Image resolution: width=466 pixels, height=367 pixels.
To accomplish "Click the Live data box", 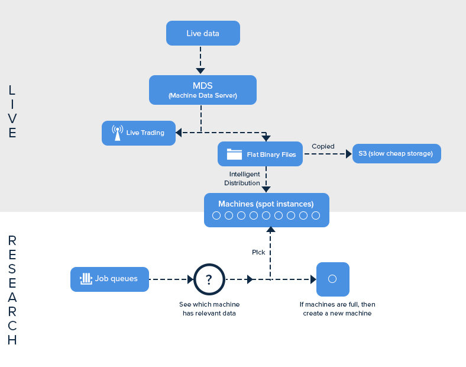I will click(x=203, y=33).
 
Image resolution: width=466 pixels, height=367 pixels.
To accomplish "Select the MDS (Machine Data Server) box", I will click(x=202, y=90).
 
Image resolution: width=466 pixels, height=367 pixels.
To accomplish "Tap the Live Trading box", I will click(x=140, y=133).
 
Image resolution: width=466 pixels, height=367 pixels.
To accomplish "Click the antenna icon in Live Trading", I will click(x=117, y=133).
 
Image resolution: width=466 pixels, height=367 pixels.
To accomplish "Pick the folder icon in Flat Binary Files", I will click(x=235, y=154).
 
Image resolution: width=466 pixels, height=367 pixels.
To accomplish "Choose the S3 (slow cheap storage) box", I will click(x=396, y=154).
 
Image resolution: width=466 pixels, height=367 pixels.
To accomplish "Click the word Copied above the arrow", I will click(x=323, y=146).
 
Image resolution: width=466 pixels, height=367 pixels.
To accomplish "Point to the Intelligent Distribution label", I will click(x=242, y=179).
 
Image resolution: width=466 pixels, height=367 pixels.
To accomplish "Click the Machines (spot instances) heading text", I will click(x=266, y=204).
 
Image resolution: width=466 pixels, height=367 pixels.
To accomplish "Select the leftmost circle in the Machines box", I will click(x=216, y=215).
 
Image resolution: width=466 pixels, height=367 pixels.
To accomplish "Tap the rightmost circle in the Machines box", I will click(x=316, y=215).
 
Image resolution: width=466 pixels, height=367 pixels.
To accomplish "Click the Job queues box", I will click(x=109, y=279).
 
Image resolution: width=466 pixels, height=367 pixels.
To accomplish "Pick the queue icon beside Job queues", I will click(x=86, y=279).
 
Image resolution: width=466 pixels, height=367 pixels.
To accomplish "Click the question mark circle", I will click(x=209, y=279).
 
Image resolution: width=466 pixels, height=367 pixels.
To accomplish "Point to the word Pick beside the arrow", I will click(x=258, y=252).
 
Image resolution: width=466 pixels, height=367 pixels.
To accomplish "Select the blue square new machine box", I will click(x=332, y=279).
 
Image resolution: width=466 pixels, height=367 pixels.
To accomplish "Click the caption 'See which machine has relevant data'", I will click(x=209, y=308).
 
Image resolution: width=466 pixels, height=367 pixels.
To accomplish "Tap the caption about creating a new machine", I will click(x=337, y=308).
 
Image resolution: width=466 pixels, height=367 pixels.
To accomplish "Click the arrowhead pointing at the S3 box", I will click(x=348, y=154).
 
